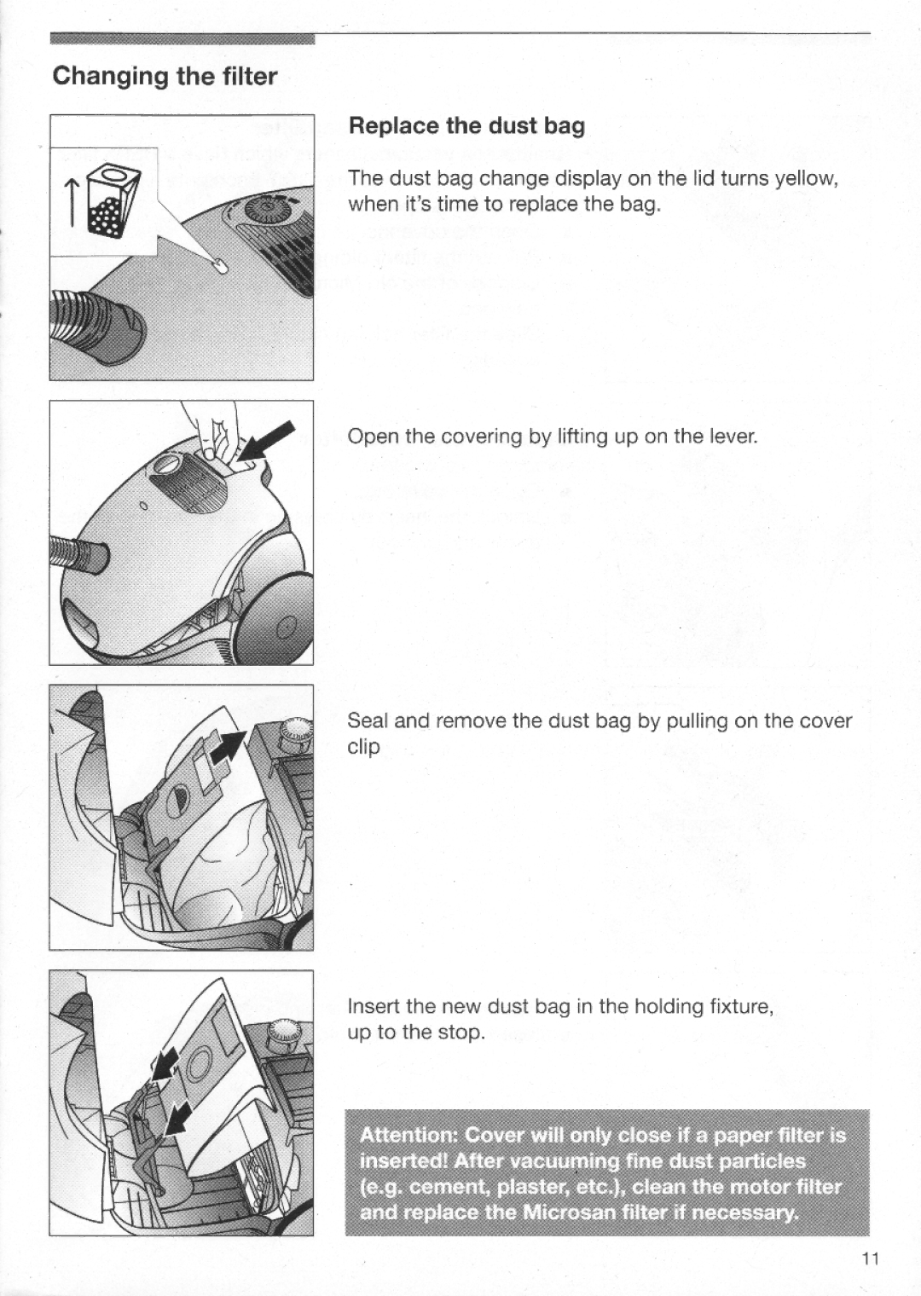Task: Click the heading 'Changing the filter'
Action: [165, 77]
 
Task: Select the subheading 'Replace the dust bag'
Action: [466, 126]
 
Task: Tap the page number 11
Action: [870, 1259]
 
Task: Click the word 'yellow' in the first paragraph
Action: [808, 178]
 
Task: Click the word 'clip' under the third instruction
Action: [362, 747]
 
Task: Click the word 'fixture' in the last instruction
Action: [739, 1006]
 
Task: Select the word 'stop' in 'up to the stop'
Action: [464, 1033]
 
